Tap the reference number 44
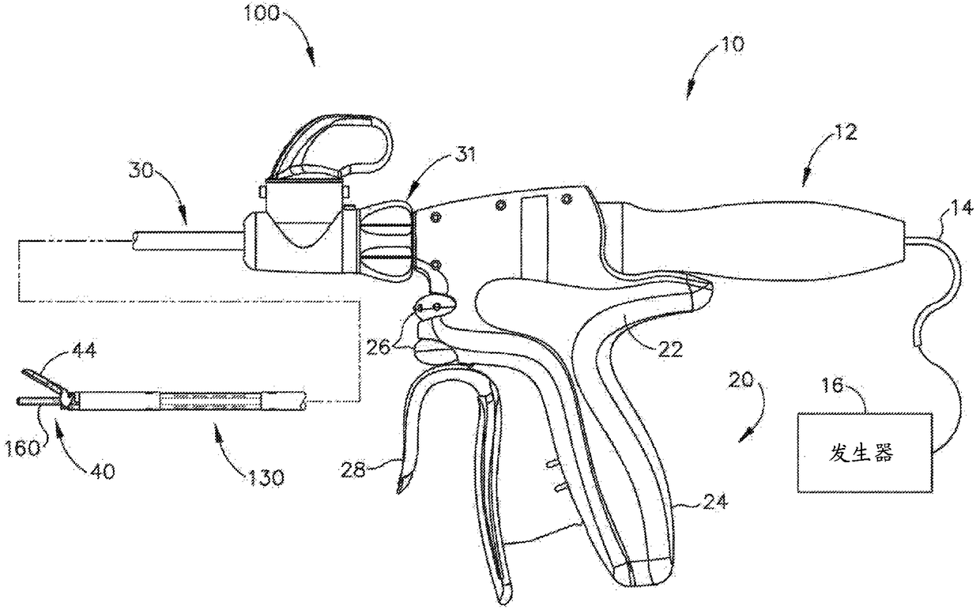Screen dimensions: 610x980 pyautogui.click(x=86, y=350)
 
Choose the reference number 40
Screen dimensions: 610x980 pyautogui.click(x=100, y=471)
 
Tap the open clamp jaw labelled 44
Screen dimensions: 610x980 pyautogui.click(x=43, y=380)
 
